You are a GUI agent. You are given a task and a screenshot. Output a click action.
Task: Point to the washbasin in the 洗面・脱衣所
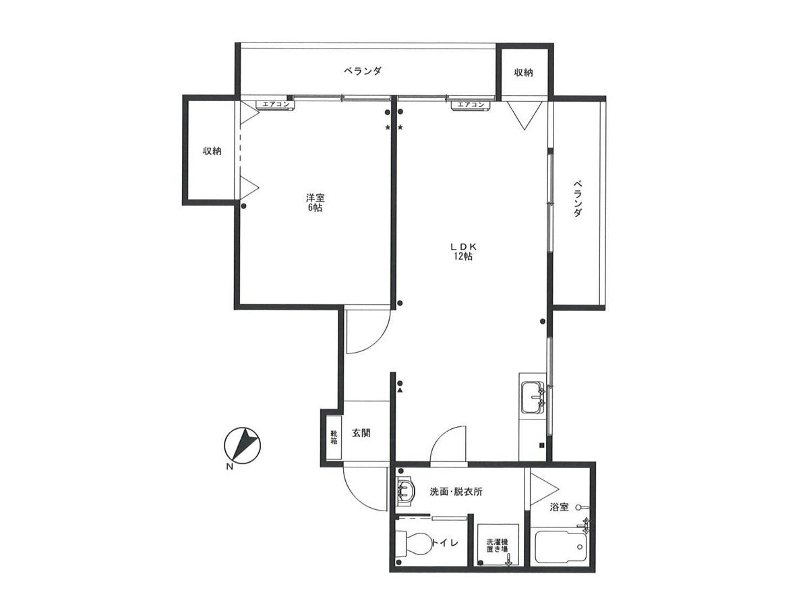(x=406, y=491)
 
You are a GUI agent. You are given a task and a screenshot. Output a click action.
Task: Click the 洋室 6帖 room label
(x=315, y=203)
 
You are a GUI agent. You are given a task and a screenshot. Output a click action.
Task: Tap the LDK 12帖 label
(x=464, y=252)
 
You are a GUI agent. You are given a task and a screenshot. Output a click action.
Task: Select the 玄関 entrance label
(x=361, y=433)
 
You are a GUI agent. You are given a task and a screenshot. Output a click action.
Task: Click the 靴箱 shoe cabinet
(x=334, y=437)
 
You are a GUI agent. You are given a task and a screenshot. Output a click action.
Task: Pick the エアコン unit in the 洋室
(x=276, y=105)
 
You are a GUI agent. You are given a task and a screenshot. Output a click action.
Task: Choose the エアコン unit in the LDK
(x=471, y=105)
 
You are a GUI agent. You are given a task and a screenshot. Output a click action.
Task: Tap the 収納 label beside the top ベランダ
(x=523, y=73)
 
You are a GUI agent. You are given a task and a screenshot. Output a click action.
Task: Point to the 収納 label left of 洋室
(x=212, y=150)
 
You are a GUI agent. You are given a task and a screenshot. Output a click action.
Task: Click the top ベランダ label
(x=363, y=71)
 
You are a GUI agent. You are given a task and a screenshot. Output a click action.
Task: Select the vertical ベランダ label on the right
(x=578, y=198)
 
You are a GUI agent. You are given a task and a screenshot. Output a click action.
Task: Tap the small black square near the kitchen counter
(x=542, y=445)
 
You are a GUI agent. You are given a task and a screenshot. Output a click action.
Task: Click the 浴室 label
(x=559, y=507)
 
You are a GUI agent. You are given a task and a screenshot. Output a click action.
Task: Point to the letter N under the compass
(x=230, y=467)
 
